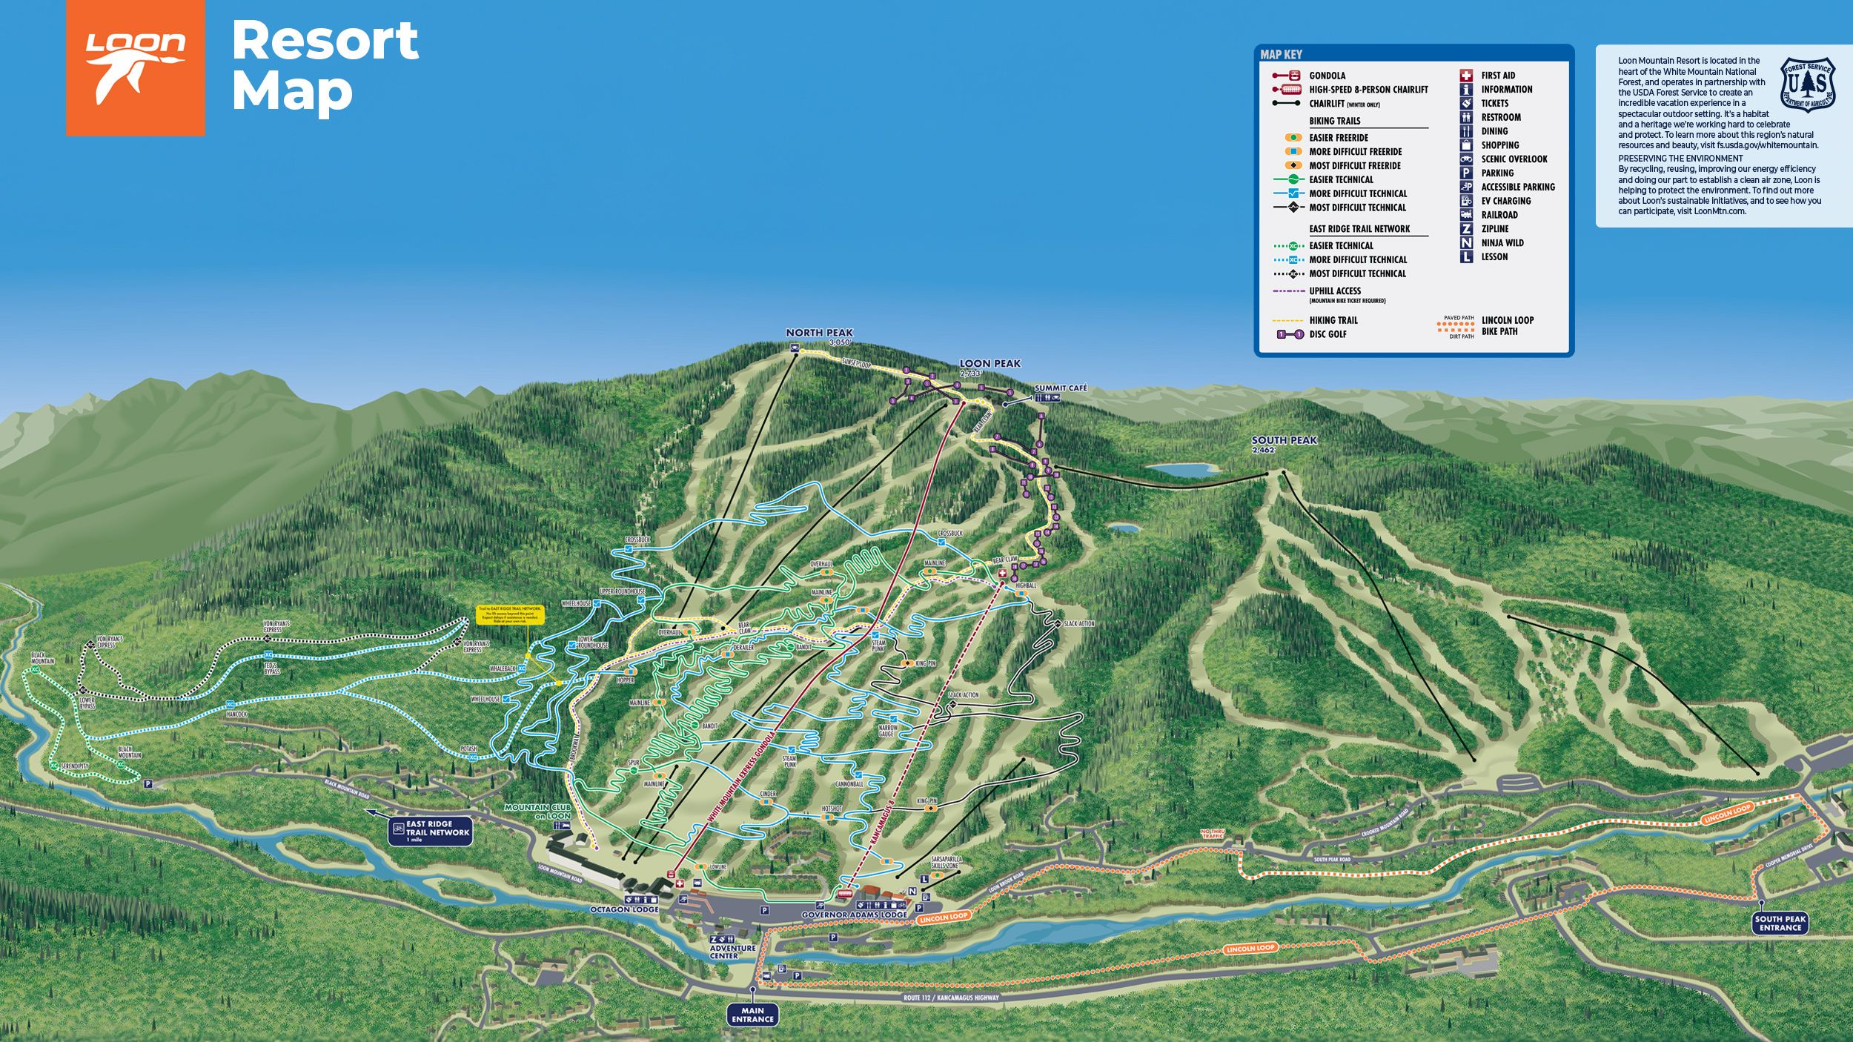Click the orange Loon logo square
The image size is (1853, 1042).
point(135,67)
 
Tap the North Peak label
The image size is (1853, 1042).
point(819,333)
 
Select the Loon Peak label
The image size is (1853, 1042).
point(990,364)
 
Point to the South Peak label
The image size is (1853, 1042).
point(1284,440)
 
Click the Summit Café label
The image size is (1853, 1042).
point(1060,388)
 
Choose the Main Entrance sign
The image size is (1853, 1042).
point(752,1015)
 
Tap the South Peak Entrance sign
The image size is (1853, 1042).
point(1780,923)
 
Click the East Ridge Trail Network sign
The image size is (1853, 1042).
point(432,830)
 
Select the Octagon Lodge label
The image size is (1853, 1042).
point(624,909)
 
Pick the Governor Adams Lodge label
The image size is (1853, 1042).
point(854,915)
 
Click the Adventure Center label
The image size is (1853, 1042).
point(732,952)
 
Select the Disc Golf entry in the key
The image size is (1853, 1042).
point(1327,334)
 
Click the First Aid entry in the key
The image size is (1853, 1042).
point(1497,76)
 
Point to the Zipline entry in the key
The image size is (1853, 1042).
point(1494,229)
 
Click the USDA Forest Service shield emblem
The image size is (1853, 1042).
point(1808,84)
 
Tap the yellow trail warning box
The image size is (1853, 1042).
point(510,614)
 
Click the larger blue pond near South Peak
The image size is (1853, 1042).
point(1183,470)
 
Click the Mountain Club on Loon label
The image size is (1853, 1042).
point(537,811)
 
